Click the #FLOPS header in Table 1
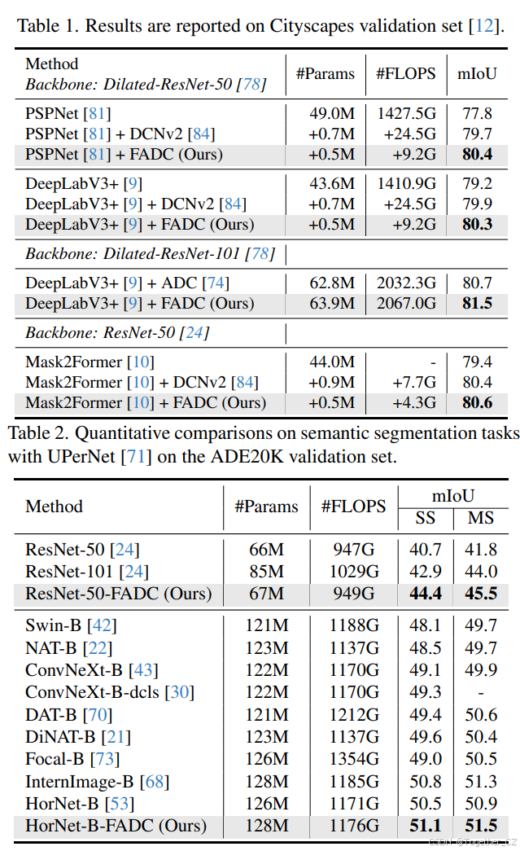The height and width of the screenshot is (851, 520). (406, 74)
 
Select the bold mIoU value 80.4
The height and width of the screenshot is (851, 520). (476, 154)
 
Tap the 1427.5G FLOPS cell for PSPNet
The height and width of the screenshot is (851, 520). (406, 113)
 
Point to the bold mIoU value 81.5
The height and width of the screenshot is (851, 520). (476, 303)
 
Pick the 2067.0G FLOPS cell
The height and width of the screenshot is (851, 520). (406, 303)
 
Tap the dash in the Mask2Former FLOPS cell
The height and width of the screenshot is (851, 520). (432, 362)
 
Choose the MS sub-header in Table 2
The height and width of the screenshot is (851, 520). (480, 518)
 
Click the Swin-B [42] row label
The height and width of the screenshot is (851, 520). (71, 625)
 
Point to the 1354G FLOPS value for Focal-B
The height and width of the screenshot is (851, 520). (354, 758)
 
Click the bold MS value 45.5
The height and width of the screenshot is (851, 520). (480, 594)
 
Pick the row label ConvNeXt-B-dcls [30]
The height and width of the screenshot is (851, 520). (110, 692)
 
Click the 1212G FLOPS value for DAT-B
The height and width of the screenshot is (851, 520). (354, 715)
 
